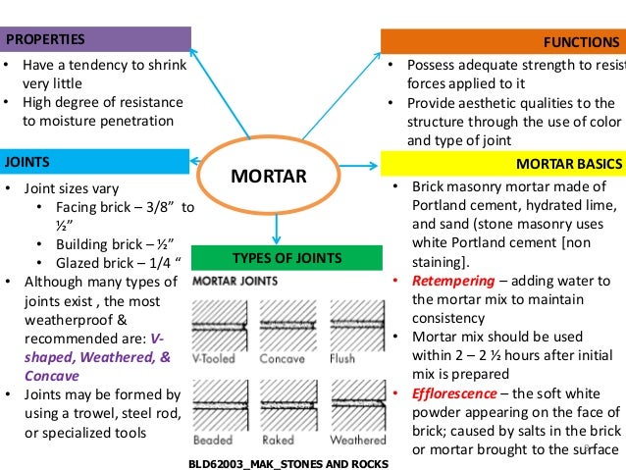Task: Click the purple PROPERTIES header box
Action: click(x=95, y=39)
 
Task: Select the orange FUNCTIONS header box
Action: click(x=502, y=42)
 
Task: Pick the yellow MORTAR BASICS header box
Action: click(x=502, y=163)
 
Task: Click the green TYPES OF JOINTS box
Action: click(x=286, y=258)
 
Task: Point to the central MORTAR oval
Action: click(x=268, y=178)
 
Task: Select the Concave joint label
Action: click(x=282, y=359)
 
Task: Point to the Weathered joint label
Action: click(x=357, y=441)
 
